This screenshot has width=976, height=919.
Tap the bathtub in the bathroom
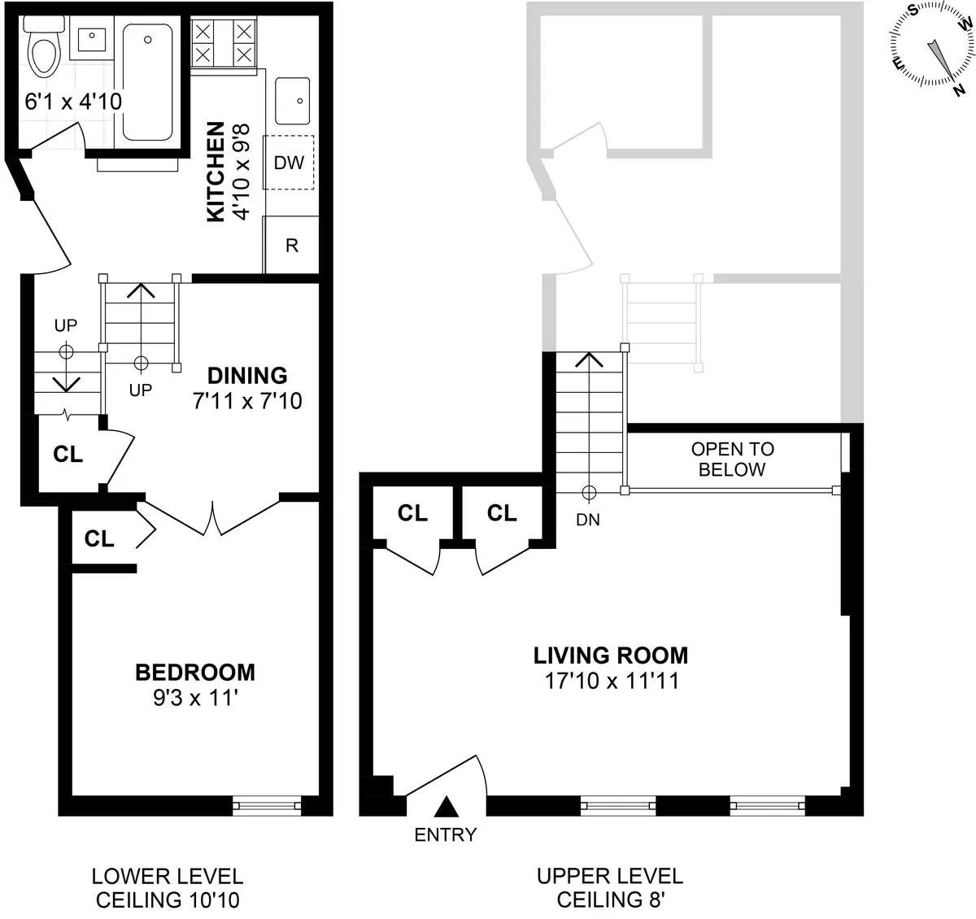click(147, 81)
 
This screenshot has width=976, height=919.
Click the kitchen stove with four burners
click(223, 44)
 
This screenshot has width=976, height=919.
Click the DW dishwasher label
click(289, 163)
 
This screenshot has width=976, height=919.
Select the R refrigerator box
click(291, 245)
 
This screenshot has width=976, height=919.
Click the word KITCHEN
click(216, 172)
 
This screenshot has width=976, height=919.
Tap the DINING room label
click(247, 375)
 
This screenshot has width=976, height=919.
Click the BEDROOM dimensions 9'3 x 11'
click(195, 699)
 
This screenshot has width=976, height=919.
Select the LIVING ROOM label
click(610, 655)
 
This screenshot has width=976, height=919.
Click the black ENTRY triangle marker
click(445, 806)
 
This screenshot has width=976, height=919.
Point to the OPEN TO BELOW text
click(732, 459)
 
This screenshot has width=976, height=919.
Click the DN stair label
click(587, 520)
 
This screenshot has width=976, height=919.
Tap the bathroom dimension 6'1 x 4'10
click(73, 102)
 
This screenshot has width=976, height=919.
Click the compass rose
click(932, 46)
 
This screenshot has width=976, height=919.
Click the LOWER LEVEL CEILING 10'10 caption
click(167, 888)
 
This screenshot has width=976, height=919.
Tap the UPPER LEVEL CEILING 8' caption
click(610, 888)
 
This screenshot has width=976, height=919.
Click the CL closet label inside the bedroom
click(100, 538)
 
